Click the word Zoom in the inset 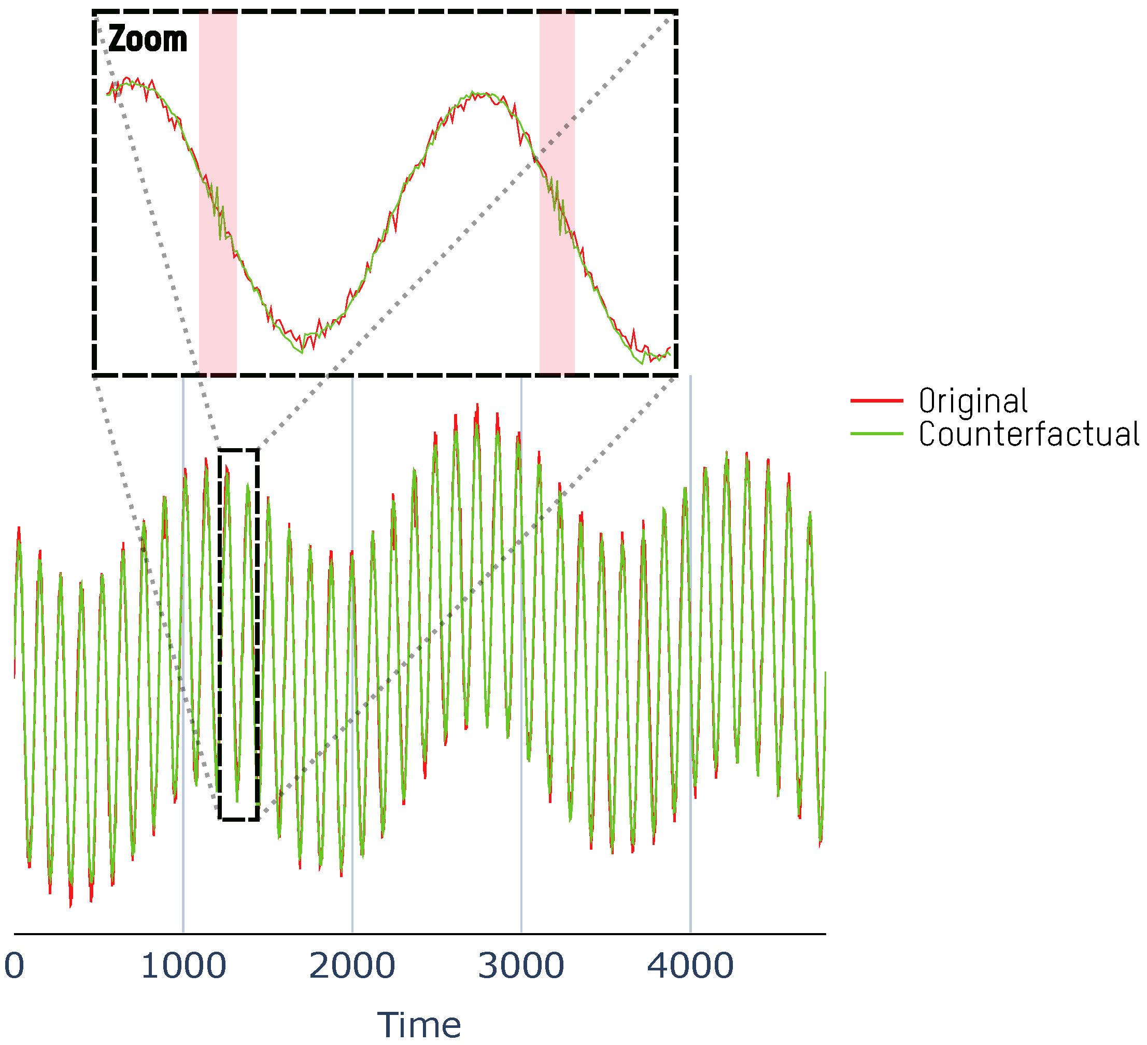(147, 39)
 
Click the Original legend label (973, 401)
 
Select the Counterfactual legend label (1029, 434)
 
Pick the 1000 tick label (183, 965)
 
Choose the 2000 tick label (352, 965)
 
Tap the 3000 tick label (521, 965)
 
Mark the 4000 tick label (690, 965)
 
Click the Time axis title (419, 1025)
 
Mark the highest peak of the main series (477, 405)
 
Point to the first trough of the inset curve (302, 352)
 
